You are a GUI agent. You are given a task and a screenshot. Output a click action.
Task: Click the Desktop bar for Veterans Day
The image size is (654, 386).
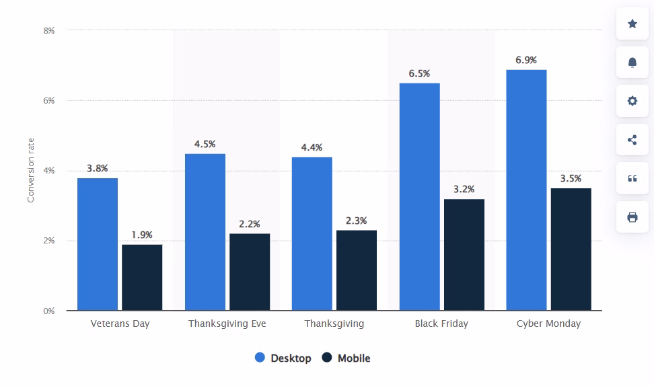(98, 244)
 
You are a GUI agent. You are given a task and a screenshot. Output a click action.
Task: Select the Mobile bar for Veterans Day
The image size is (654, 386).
(142, 277)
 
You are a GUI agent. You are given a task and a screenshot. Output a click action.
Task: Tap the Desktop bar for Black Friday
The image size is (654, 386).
(419, 197)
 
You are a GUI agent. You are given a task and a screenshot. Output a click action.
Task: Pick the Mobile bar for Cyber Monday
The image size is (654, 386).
(571, 249)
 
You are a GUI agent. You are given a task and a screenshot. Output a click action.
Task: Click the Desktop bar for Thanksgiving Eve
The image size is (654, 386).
(205, 232)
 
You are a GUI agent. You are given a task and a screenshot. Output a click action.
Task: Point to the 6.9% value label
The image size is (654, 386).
(526, 61)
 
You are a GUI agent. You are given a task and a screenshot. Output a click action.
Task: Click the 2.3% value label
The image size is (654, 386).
(356, 221)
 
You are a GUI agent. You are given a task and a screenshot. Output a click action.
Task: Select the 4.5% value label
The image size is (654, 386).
(205, 144)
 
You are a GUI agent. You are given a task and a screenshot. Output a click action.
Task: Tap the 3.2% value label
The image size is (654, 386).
(464, 189)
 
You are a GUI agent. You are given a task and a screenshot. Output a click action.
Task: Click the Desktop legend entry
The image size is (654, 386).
(283, 358)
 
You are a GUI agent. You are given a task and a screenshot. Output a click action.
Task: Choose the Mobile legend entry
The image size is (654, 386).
(346, 358)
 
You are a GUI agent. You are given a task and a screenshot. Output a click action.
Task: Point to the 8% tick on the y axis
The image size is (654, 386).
(49, 30)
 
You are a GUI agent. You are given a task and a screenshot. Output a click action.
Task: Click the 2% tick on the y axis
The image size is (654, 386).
(49, 241)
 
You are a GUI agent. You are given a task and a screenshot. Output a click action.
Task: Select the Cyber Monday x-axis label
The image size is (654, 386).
(548, 323)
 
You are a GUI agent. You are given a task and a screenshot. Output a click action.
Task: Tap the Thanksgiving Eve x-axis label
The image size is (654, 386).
(227, 323)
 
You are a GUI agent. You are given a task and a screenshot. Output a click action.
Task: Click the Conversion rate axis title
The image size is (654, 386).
(30, 171)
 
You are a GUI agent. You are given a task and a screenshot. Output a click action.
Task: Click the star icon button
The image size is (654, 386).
(632, 24)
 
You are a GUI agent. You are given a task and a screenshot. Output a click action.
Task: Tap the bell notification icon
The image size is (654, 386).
(632, 63)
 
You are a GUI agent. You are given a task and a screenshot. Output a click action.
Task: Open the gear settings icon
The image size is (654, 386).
(632, 101)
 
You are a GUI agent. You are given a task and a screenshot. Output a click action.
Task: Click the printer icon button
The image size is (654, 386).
(632, 217)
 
